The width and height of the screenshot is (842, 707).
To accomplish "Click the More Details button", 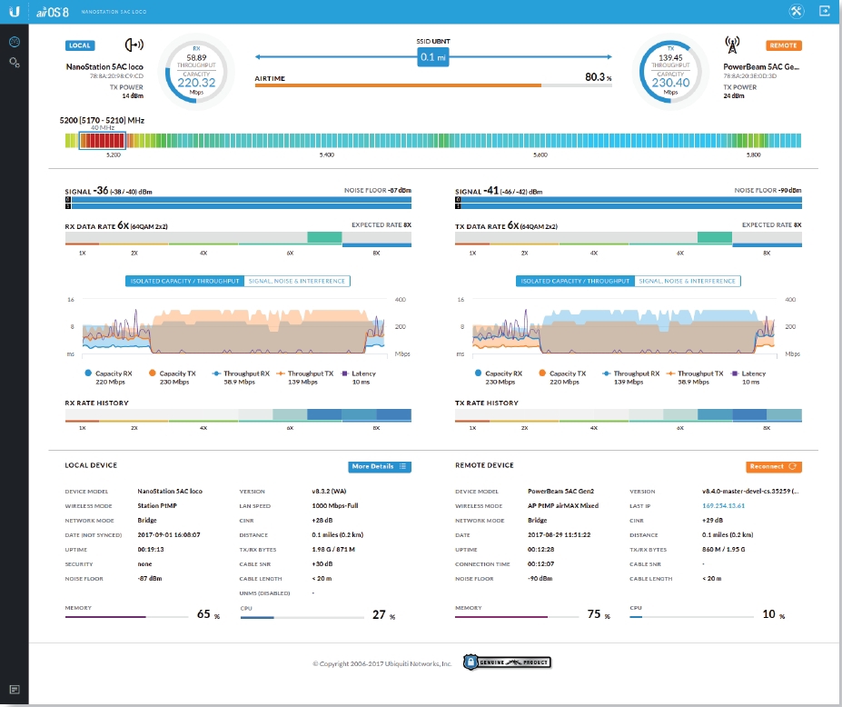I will [x=380, y=466].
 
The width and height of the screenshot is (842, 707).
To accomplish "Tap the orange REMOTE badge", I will [x=784, y=45].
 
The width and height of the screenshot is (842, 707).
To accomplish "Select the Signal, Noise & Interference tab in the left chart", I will [x=297, y=281].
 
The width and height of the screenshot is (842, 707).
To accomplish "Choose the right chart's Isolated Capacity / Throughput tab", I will [x=575, y=281].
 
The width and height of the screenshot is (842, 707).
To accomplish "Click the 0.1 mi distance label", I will [x=433, y=57].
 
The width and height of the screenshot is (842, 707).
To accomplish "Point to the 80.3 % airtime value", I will [x=598, y=78].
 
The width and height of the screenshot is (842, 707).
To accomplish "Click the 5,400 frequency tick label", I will [x=327, y=155].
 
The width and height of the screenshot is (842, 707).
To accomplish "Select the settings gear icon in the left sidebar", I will [x=15, y=62].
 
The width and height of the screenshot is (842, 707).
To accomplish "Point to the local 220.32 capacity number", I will [x=196, y=82].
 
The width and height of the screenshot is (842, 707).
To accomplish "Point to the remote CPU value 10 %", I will [x=772, y=615].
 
